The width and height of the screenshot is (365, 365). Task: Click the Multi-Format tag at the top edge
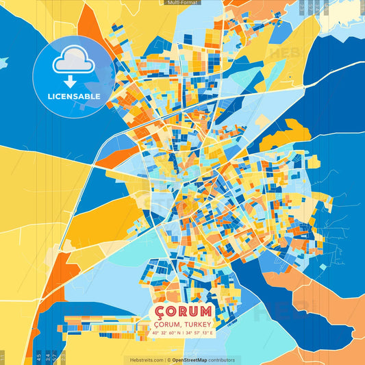(x=182, y=3)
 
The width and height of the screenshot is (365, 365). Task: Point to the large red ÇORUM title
(x=183, y=312)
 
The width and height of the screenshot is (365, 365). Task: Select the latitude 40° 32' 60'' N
(x=166, y=333)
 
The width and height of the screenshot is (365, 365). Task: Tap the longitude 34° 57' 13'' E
(x=199, y=333)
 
